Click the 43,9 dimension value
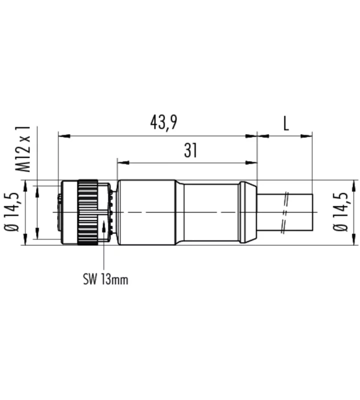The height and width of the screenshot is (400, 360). coord(163,122)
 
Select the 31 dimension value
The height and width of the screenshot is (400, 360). coord(190,150)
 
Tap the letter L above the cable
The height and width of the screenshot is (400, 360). coord(286,124)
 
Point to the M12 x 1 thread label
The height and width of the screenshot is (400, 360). coord(23,149)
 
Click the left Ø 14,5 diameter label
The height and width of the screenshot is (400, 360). coord(11,212)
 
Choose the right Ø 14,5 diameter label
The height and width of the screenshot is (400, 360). coord(340,212)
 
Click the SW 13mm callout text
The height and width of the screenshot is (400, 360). coord(105,279)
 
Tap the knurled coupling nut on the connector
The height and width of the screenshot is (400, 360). coord(88,212)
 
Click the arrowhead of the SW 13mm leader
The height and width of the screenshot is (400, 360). coord(104,226)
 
